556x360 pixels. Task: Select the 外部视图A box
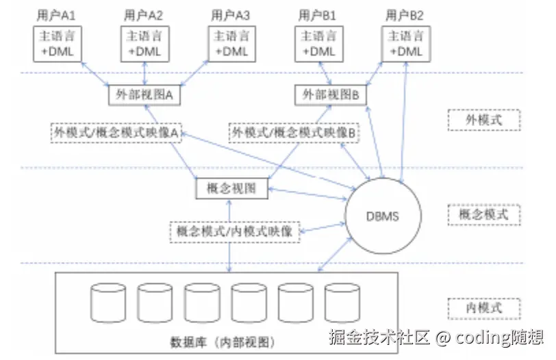144,95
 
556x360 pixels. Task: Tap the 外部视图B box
331,95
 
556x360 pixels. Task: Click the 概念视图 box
231,188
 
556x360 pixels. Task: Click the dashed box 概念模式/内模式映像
234,231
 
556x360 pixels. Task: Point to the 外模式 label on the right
483,120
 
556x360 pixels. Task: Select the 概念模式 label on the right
483,214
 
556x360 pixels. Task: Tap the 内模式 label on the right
483,307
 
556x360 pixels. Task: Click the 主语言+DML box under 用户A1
58,44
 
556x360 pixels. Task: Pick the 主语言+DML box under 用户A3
231,44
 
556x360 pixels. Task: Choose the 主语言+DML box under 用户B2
405,44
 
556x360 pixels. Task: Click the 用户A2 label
144,15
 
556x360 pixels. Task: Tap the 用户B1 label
318,15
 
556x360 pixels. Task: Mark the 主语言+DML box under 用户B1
318,44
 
